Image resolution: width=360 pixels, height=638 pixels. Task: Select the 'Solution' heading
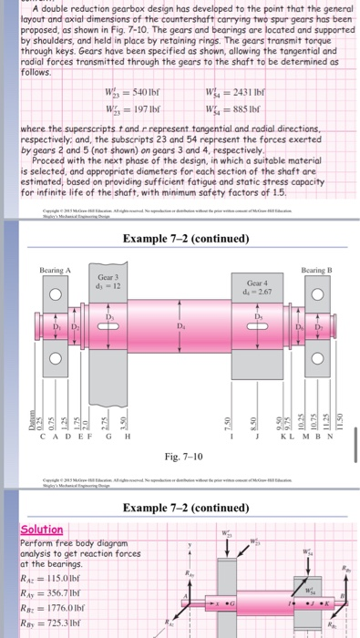coord(41,530)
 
